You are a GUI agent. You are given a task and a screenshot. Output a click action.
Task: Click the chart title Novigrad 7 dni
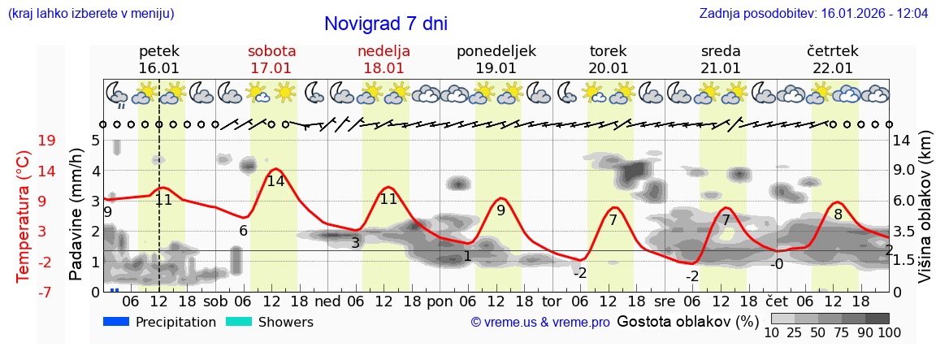click(x=385, y=24)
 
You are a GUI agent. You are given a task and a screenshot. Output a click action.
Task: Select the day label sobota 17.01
click(x=271, y=59)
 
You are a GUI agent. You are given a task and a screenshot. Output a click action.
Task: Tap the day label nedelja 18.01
click(x=383, y=59)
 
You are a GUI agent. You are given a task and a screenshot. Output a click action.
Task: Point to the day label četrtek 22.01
click(x=832, y=59)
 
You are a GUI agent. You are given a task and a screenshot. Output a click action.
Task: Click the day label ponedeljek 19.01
click(x=496, y=59)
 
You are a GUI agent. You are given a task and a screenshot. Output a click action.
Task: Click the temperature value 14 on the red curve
click(x=275, y=181)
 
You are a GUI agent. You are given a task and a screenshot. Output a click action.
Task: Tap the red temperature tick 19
click(x=46, y=141)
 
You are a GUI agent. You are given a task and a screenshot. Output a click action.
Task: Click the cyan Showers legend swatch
click(x=239, y=322)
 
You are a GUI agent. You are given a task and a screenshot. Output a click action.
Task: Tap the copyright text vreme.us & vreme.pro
click(x=540, y=323)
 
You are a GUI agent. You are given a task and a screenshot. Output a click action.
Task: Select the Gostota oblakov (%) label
click(x=687, y=322)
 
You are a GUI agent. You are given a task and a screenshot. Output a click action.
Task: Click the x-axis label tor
click(x=552, y=301)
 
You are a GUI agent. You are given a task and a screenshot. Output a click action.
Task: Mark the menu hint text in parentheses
click(x=90, y=14)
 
